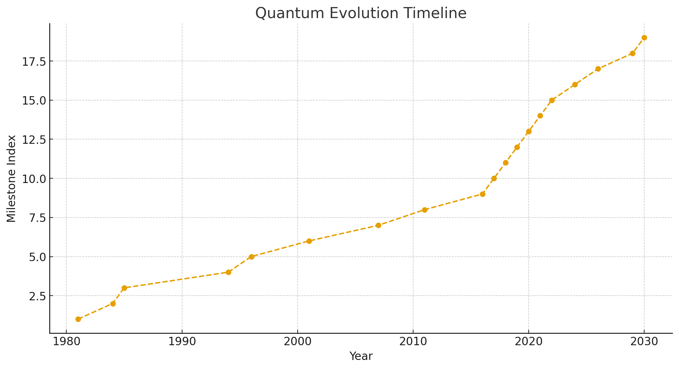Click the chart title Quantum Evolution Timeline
point(361,13)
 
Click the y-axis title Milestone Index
point(11,178)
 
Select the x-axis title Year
point(361,356)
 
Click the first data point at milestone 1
point(78,319)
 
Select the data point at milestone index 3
point(124,288)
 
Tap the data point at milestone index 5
point(251,257)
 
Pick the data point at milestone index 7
point(378,225)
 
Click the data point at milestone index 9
point(482,194)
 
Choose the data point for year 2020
point(529,131)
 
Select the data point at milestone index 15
point(552,100)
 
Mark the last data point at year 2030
point(644,38)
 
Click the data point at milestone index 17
point(598,69)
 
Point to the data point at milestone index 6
point(309,241)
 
